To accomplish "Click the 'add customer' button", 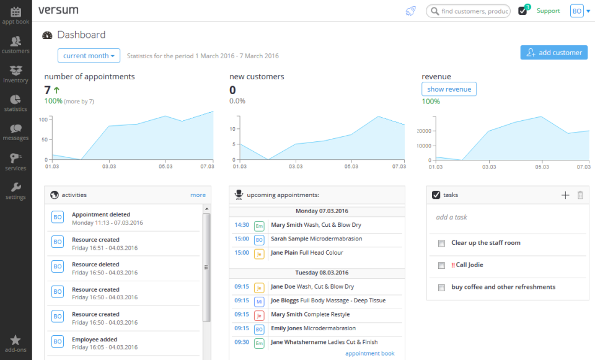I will pyautogui.click(x=553, y=53).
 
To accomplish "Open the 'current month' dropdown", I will pyautogui.click(x=89, y=56).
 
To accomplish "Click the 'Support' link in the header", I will pyautogui.click(x=548, y=11).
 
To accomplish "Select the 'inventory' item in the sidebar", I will pyautogui.click(x=15, y=74).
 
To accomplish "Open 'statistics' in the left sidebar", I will pyautogui.click(x=15, y=103).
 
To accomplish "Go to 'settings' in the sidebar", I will pyautogui.click(x=15, y=191).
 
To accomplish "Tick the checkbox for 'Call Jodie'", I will pyautogui.click(x=442, y=265).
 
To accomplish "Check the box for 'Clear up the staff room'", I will pyautogui.click(x=442, y=244).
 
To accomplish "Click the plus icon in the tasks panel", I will pyautogui.click(x=565, y=195).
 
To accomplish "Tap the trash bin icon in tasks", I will pyautogui.click(x=580, y=195).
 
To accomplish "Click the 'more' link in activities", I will pyautogui.click(x=198, y=195).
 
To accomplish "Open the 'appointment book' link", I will pyautogui.click(x=369, y=354).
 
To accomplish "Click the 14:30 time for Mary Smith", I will pyautogui.click(x=242, y=226).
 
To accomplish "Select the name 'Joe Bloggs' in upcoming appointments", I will pyautogui.click(x=284, y=301).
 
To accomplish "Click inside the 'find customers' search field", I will pyautogui.click(x=474, y=11).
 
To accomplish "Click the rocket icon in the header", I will pyautogui.click(x=410, y=11).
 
